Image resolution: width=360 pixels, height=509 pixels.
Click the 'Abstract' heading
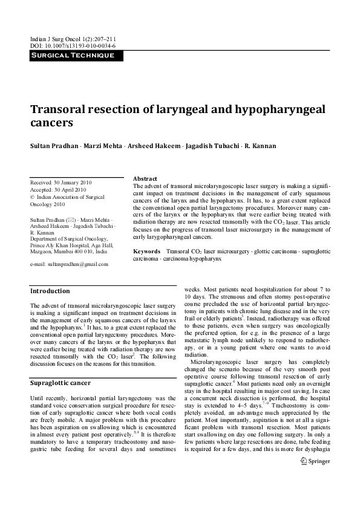145,179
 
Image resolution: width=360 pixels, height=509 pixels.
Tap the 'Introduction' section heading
50,291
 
